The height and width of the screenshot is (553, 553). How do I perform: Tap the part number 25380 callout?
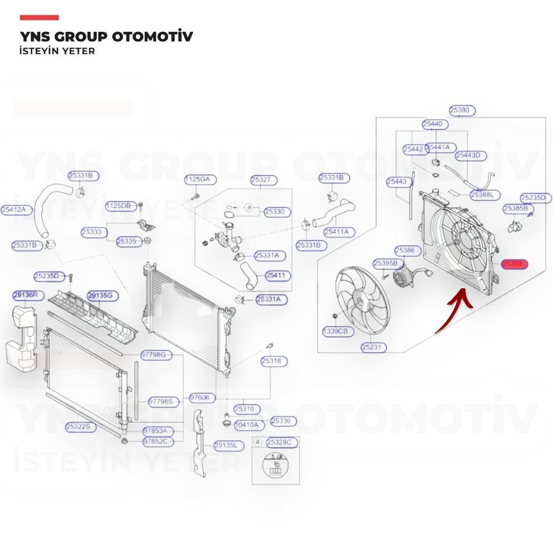pos(462,110)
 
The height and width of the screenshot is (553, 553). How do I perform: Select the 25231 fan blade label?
pos(373,347)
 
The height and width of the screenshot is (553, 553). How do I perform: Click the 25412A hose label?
pos(16,209)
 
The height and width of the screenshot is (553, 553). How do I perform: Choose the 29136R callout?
pos(29,295)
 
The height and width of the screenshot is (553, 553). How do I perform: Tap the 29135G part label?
pos(103,295)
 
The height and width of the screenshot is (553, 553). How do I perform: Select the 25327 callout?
pos(264,180)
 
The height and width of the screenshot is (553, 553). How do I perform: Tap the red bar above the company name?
pos(39,17)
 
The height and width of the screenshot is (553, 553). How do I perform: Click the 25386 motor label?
pos(408,250)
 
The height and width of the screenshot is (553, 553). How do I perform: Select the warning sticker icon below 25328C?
pos(275,466)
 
